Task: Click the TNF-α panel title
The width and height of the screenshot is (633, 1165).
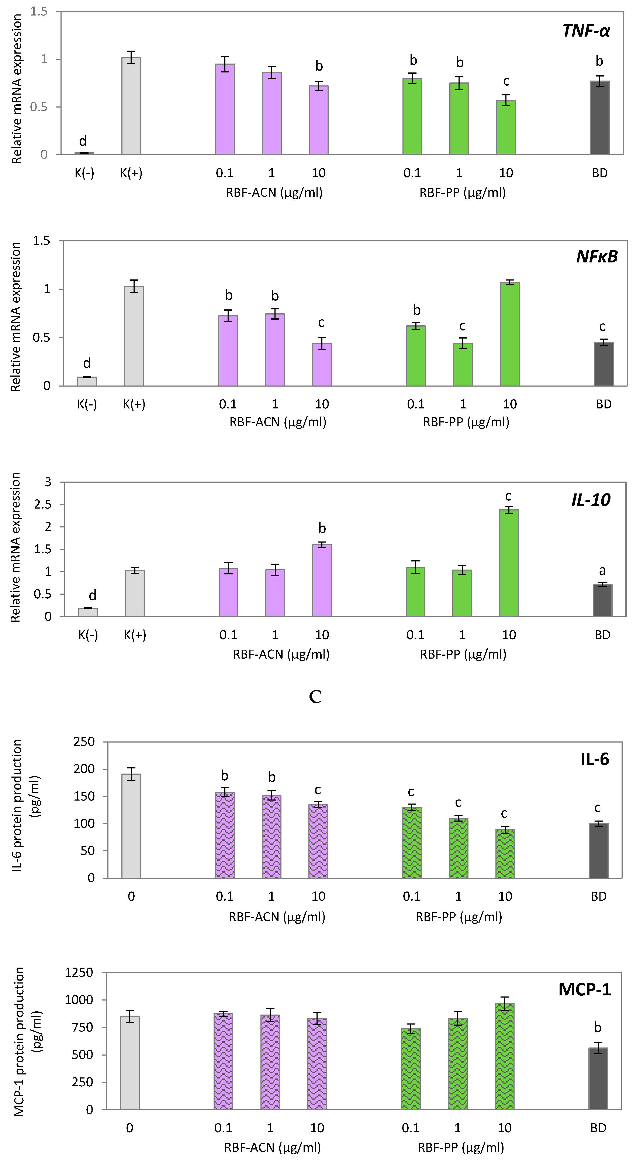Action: (x=586, y=31)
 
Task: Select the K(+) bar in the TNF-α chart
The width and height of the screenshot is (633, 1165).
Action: (x=131, y=106)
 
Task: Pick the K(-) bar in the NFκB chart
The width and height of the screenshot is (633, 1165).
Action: (x=87, y=381)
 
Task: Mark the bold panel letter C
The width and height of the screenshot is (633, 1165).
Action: (x=315, y=696)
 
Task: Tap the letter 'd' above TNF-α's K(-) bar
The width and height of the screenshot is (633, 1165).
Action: (x=83, y=141)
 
